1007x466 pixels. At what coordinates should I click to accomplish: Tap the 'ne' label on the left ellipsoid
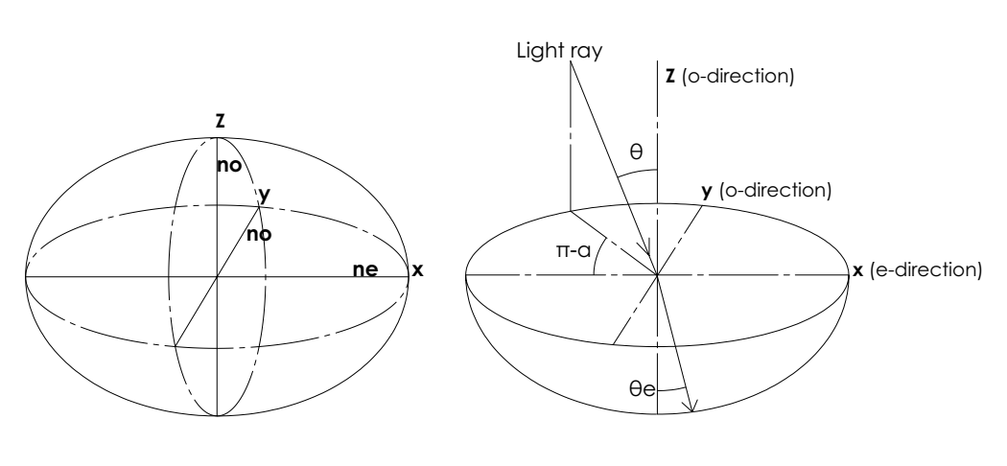(366, 270)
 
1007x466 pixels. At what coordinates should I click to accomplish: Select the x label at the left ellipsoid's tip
(417, 270)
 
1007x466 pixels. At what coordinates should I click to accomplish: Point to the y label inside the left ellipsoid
(264, 195)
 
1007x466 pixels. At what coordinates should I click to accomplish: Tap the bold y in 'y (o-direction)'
(706, 192)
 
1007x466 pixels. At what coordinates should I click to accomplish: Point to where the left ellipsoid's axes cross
(218, 276)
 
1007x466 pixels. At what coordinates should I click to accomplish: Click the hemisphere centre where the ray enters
(657, 276)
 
